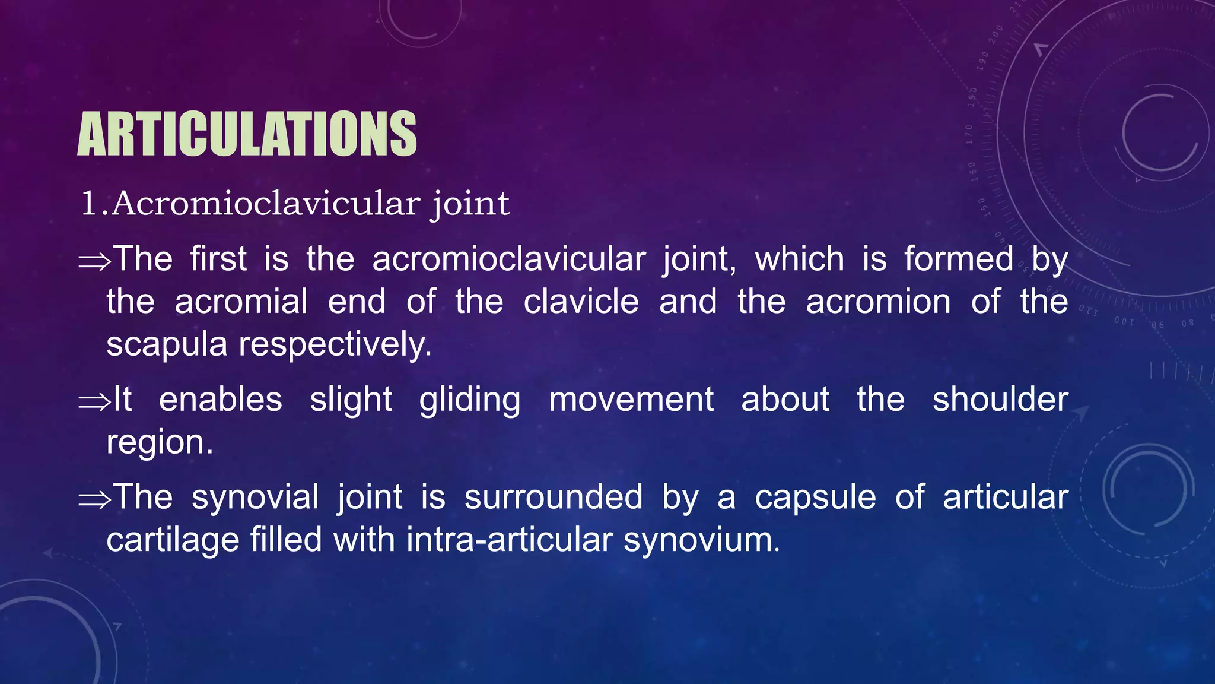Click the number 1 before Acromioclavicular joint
pyautogui.click(x=88, y=204)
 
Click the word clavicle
pyautogui.click(x=581, y=302)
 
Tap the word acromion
pyautogui.click(x=878, y=302)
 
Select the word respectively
pyautogui.click(x=335, y=344)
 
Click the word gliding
pyautogui.click(x=470, y=400)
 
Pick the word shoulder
pyautogui.click(x=1000, y=399)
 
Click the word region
pyautogui.click(x=160, y=443)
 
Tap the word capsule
pyautogui.click(x=815, y=498)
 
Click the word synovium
pyautogui.click(x=701, y=540)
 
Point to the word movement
pyautogui.click(x=631, y=399)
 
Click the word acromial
pyautogui.click(x=241, y=302)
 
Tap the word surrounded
pyautogui.click(x=554, y=497)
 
